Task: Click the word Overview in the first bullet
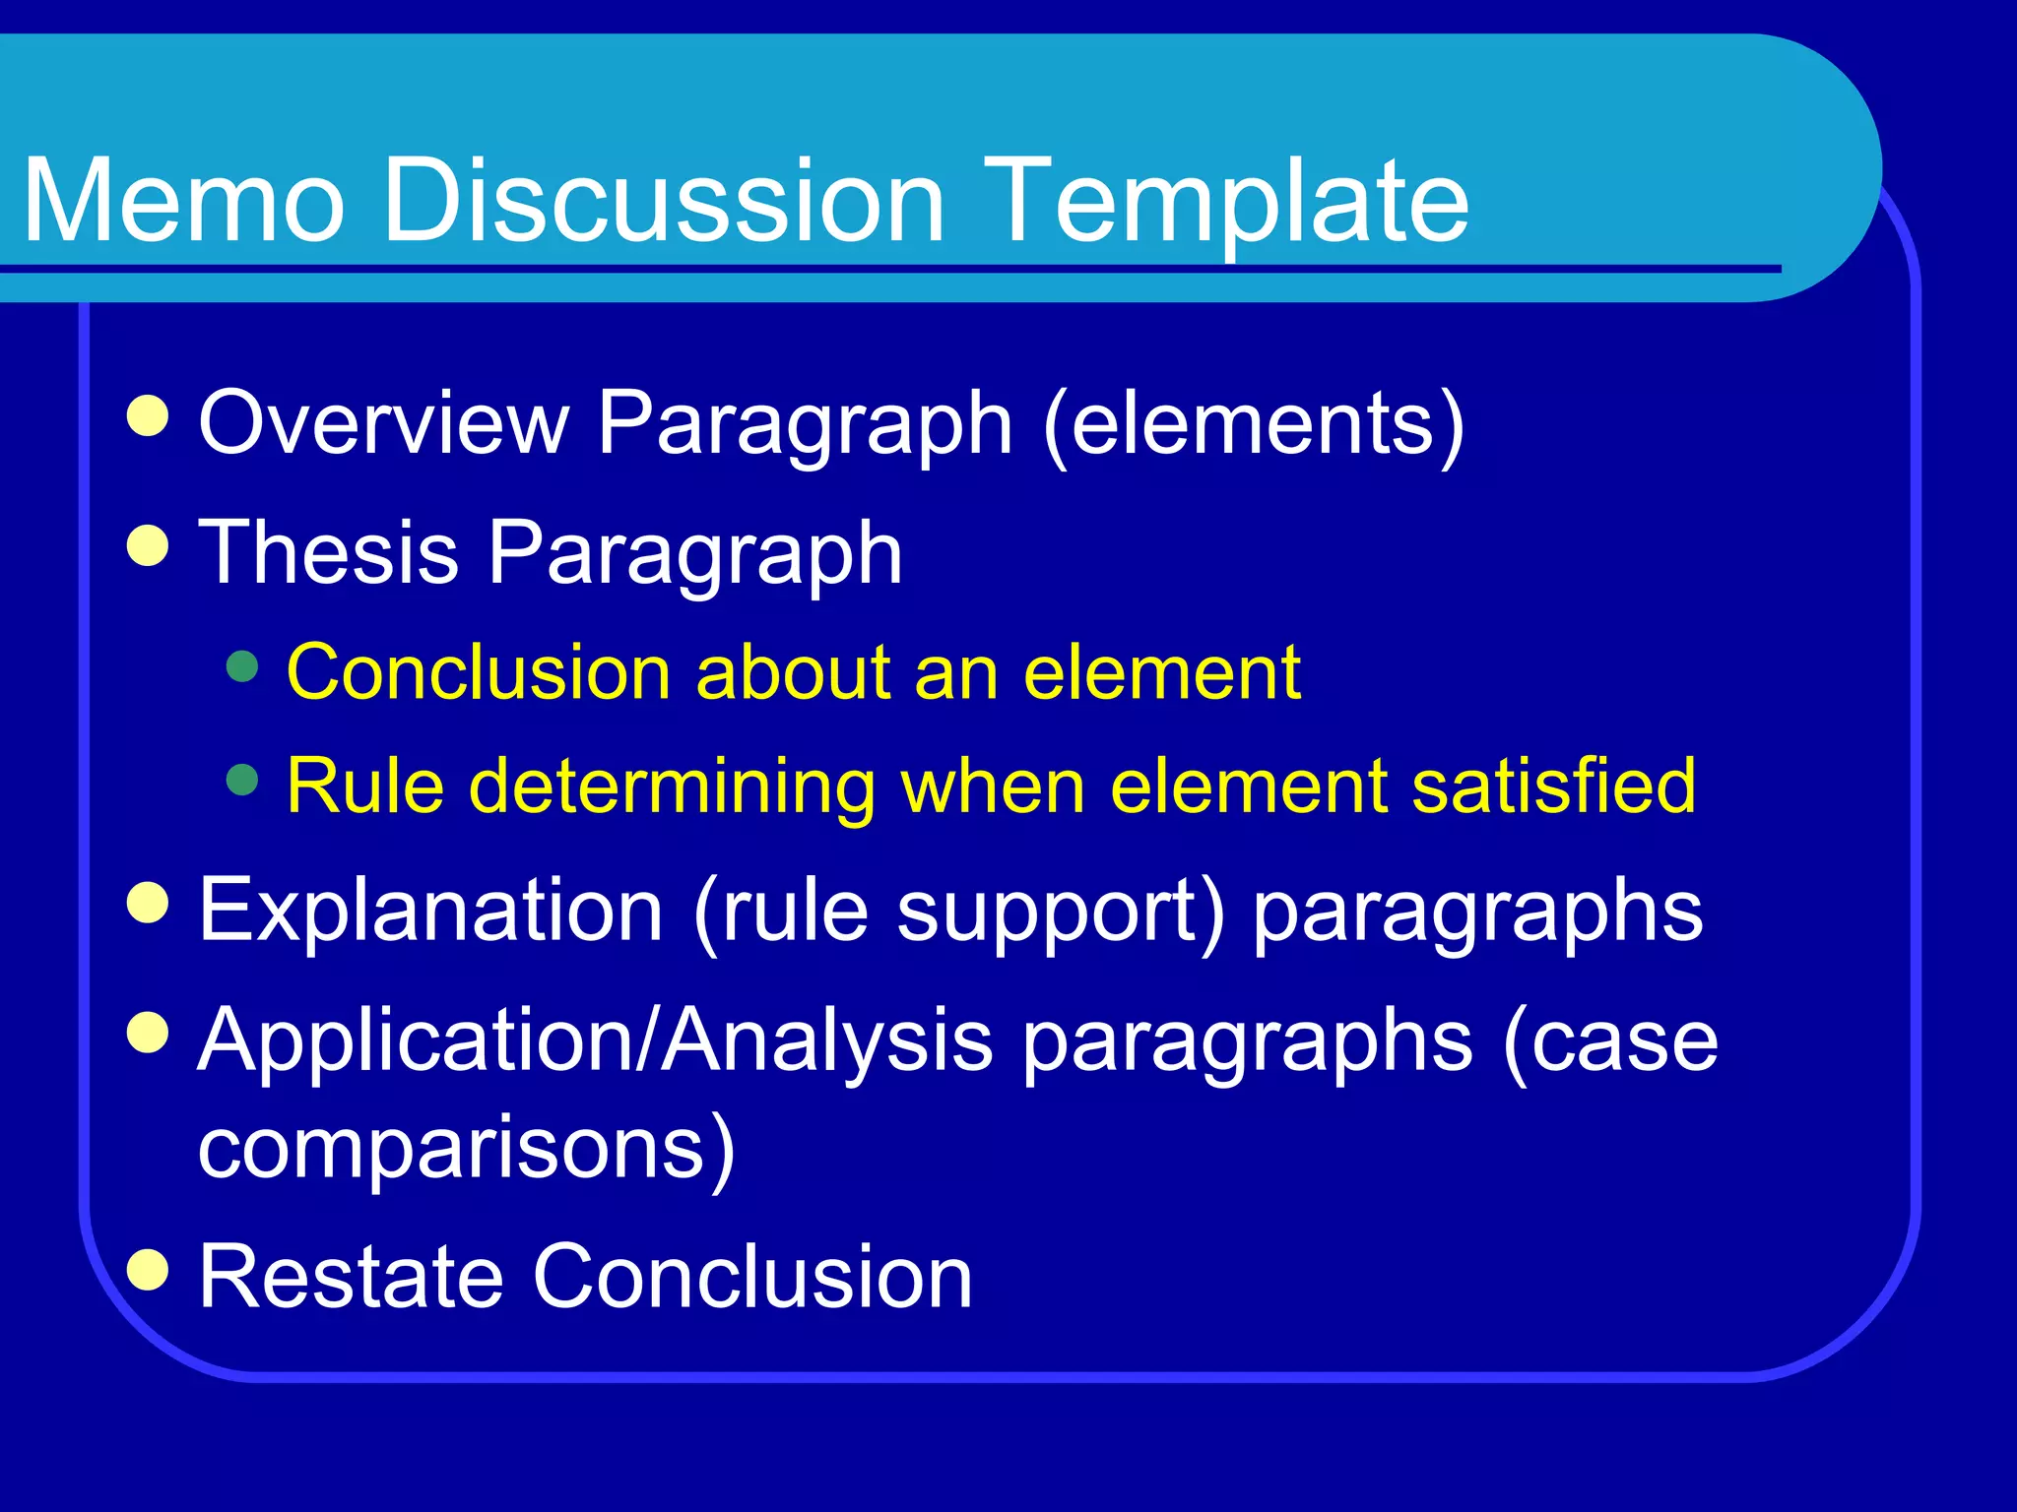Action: pos(384,423)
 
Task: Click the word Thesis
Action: pos(329,553)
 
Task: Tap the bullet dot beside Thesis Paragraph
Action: pos(149,545)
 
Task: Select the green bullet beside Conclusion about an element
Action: pos(241,666)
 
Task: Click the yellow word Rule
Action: pos(365,787)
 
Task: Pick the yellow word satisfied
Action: pos(1553,787)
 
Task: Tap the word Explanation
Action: pos(430,911)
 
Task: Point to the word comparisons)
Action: pos(467,1148)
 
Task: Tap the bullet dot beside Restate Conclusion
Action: pos(149,1269)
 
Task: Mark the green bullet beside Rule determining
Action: pos(241,781)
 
